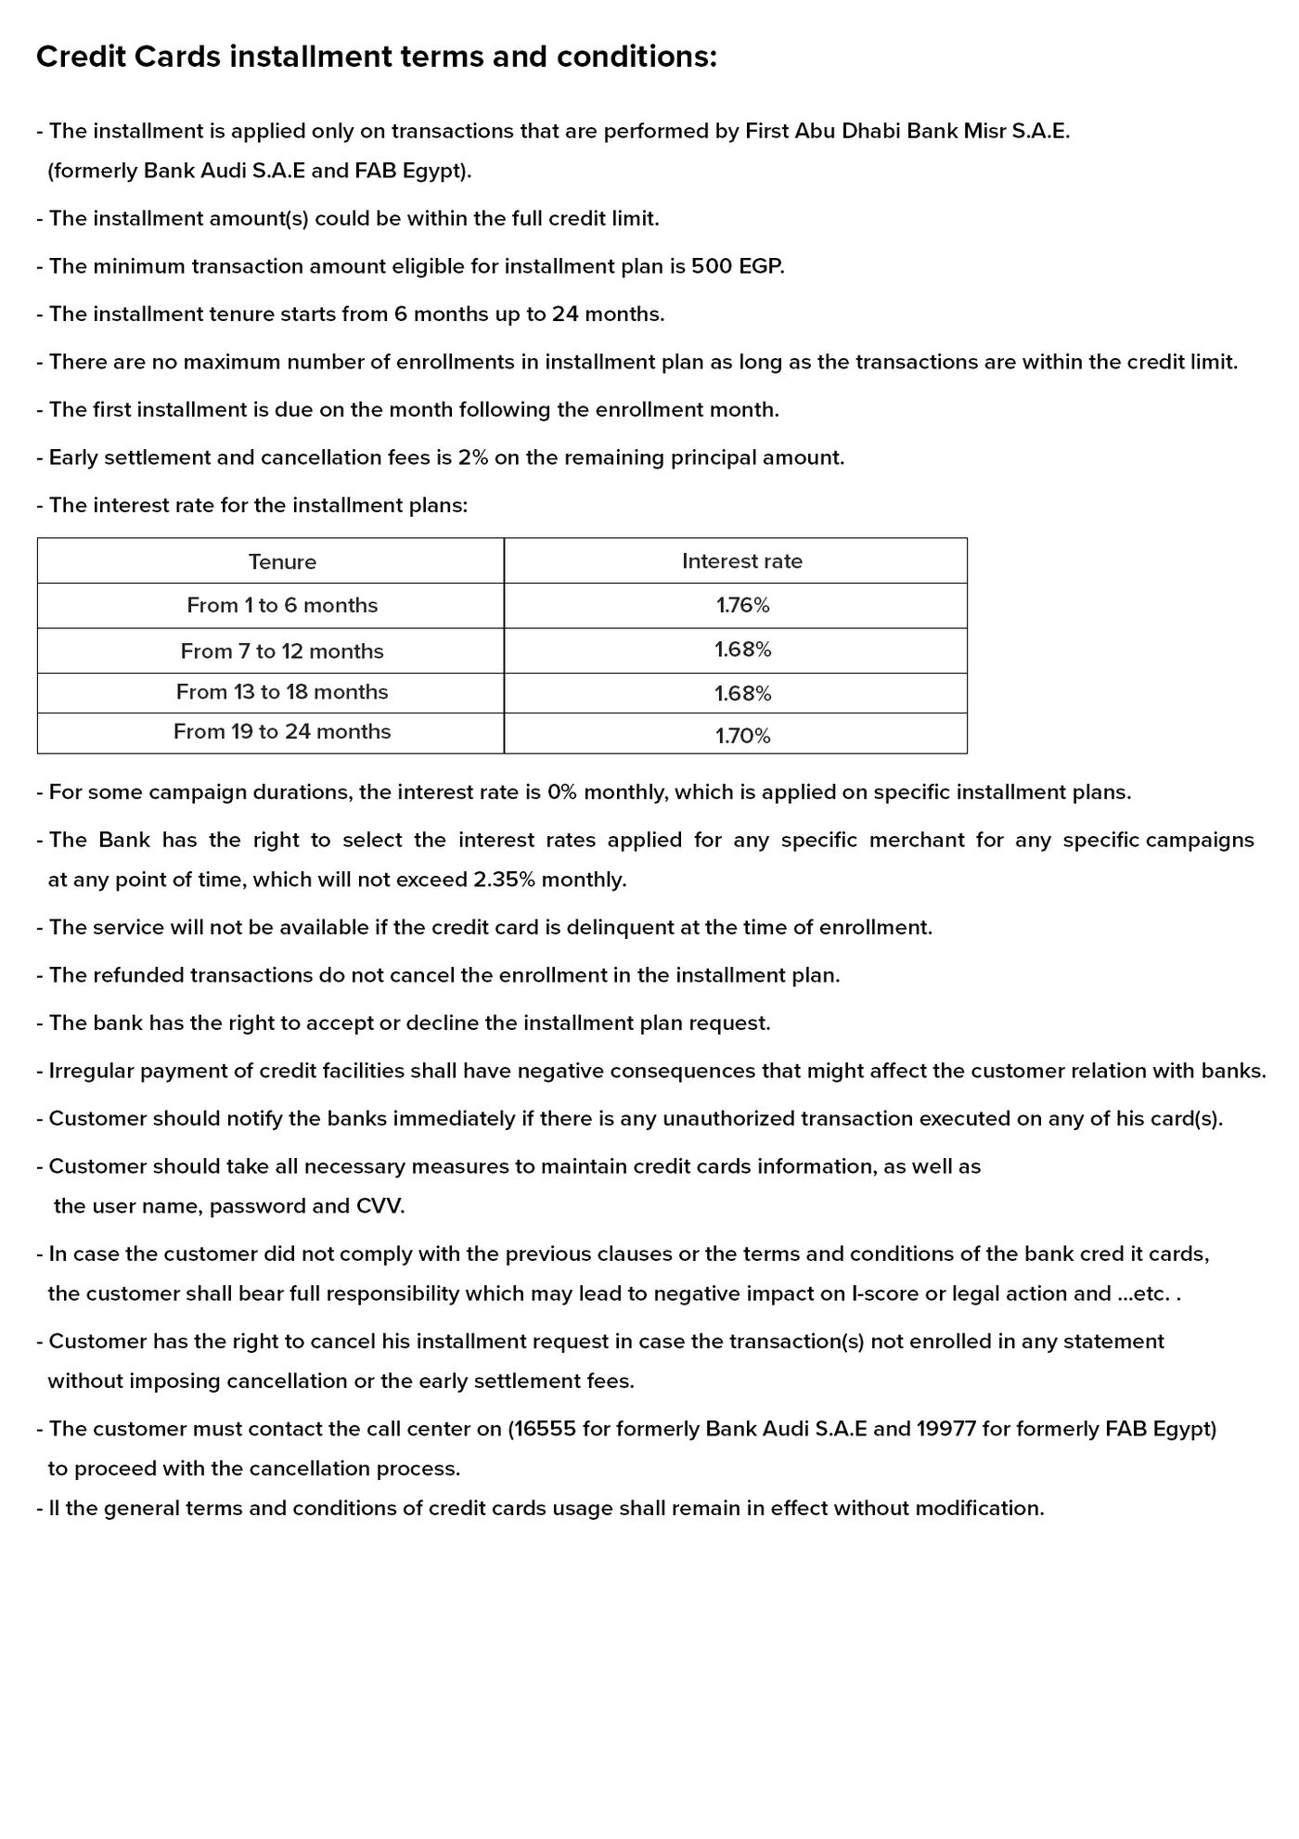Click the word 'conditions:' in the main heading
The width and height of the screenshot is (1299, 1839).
pyautogui.click(x=637, y=58)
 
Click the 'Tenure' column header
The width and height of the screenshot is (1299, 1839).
pyautogui.click(x=282, y=562)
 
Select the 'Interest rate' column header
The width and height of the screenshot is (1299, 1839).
pyautogui.click(x=741, y=561)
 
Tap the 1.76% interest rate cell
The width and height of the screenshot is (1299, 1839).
pyautogui.click(x=742, y=606)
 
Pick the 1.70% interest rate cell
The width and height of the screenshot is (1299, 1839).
pyautogui.click(x=742, y=736)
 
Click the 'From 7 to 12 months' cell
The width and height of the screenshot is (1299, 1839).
pyautogui.click(x=282, y=651)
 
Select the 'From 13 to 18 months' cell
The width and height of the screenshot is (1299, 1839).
pyautogui.click(x=282, y=692)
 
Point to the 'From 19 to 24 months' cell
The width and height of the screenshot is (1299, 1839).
pyautogui.click(x=282, y=732)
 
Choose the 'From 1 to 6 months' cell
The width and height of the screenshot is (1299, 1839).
pyautogui.click(x=282, y=606)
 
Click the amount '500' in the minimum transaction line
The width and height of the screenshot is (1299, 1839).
pyautogui.click(x=712, y=267)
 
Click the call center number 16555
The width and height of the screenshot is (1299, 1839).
pyautogui.click(x=545, y=1429)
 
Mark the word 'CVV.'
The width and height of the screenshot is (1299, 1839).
pyautogui.click(x=380, y=1206)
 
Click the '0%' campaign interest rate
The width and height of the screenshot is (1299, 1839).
pyautogui.click(x=562, y=793)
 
